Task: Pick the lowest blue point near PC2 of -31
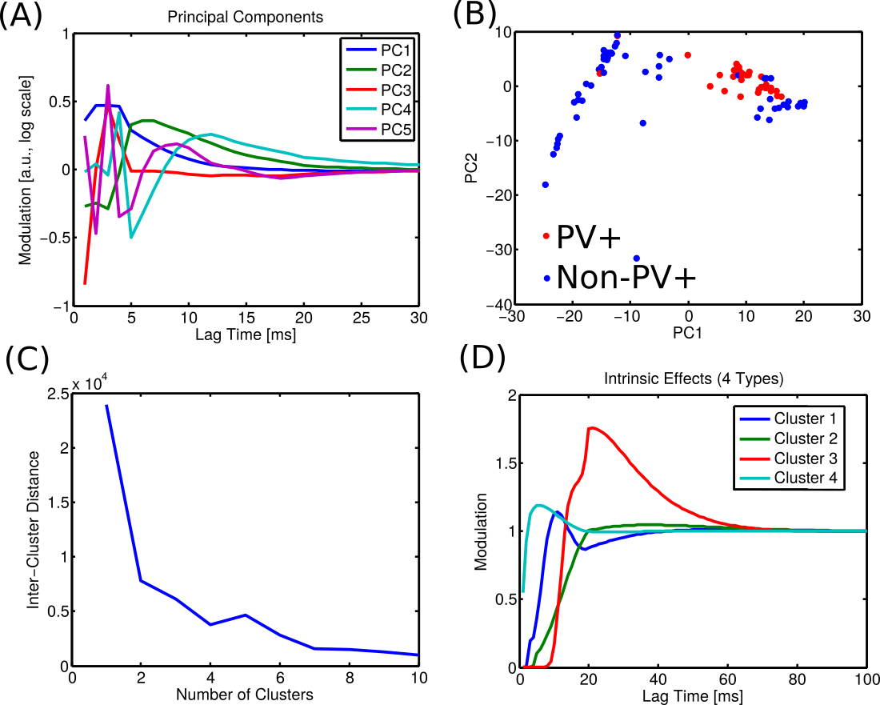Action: (637, 258)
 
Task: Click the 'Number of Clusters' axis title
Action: (245, 694)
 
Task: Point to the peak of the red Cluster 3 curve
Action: (590, 427)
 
